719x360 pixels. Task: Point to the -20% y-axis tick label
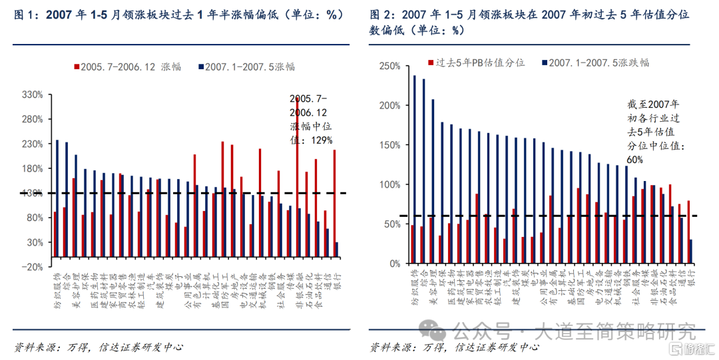tap(31, 266)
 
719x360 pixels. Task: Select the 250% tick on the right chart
tap(389, 66)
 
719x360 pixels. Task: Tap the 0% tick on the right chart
tap(393, 264)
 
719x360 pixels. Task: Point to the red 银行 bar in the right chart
tap(688, 232)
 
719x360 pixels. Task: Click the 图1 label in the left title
tap(26, 15)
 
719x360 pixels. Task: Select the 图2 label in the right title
tap(381, 15)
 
